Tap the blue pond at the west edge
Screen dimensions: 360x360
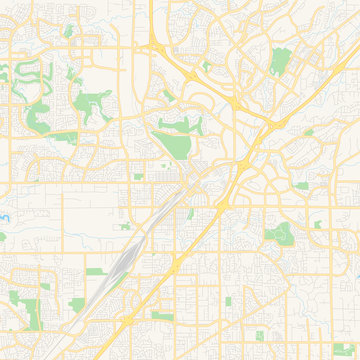[3, 216]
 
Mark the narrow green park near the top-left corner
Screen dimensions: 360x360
[68, 31]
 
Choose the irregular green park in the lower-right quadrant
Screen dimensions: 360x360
[279, 233]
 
